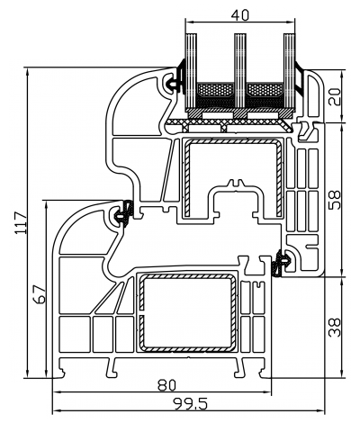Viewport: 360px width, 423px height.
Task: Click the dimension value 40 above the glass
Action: (239, 15)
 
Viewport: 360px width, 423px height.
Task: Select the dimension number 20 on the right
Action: (335, 95)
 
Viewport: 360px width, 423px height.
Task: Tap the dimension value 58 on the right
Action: (335, 199)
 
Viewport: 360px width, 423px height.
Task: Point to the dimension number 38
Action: (335, 325)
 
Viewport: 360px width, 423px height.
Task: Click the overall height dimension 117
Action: (19, 221)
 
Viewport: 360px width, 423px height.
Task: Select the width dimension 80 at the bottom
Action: (166, 385)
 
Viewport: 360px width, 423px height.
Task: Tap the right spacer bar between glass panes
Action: (264, 90)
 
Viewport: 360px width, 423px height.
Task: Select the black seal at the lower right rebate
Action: (283, 262)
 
